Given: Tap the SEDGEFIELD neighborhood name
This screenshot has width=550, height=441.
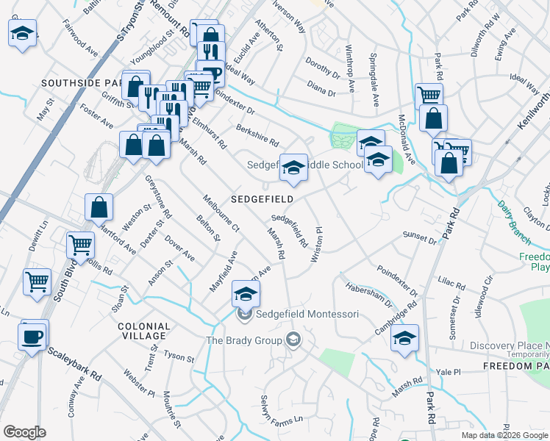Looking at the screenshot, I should [x=262, y=199].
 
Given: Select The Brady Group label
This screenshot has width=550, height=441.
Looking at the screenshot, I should [x=244, y=340].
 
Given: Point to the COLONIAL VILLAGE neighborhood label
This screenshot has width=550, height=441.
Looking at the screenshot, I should [x=143, y=331].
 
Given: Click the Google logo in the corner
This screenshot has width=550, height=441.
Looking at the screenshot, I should [x=24, y=432].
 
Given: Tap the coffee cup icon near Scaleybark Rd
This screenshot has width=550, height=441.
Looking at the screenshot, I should [x=33, y=336].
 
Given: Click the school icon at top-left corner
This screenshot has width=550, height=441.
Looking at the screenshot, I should [x=23, y=33].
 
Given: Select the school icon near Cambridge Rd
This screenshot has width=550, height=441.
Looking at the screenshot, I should [x=404, y=339].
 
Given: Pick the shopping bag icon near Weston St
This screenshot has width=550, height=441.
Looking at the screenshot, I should [x=99, y=208].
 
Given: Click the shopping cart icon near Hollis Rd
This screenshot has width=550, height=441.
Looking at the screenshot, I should [x=81, y=245].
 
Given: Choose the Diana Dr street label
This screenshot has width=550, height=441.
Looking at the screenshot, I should [x=321, y=93].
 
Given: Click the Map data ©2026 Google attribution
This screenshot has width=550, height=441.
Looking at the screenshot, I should [x=504, y=435].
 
